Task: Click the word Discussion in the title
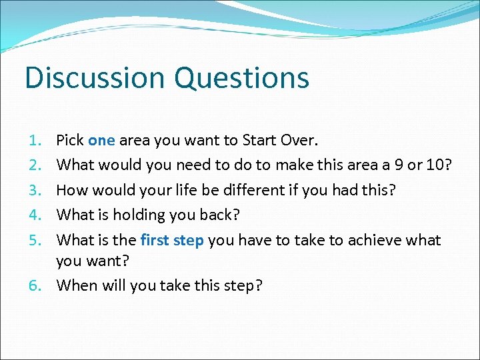[95, 77]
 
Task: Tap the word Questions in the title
[242, 79]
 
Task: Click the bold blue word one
[101, 141]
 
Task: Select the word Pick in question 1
[70, 141]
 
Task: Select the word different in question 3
[241, 190]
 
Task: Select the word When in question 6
[76, 285]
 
